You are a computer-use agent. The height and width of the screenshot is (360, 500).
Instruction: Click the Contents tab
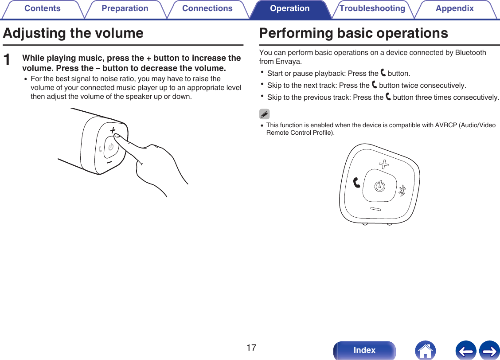(42, 9)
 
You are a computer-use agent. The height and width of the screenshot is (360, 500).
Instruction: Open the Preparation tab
(125, 9)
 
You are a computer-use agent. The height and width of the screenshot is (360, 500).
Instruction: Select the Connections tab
(207, 9)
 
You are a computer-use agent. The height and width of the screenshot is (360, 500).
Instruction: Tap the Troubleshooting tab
(372, 9)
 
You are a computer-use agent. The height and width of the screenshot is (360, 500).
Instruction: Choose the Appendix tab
(454, 9)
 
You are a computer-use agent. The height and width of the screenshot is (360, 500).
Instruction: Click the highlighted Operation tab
(290, 9)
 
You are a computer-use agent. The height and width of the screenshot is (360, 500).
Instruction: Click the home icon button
(425, 350)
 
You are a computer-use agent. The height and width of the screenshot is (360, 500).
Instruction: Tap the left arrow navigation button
(465, 350)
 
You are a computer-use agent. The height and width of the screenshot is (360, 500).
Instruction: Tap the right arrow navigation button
(489, 350)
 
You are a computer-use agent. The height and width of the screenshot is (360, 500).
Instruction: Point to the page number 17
(251, 348)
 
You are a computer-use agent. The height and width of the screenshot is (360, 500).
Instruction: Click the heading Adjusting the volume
(73, 33)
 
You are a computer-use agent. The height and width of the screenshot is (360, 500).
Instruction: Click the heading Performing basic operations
(353, 33)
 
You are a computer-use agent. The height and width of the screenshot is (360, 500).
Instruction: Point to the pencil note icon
(264, 114)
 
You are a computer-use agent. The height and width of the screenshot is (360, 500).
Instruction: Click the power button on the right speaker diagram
(379, 187)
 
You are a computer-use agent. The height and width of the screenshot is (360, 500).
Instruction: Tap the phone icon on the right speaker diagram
(357, 182)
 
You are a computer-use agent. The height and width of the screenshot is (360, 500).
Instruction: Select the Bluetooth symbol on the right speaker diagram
(402, 190)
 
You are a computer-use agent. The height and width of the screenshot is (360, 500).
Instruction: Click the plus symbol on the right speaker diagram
(384, 165)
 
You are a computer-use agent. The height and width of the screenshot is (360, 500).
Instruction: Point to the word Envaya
(288, 61)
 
